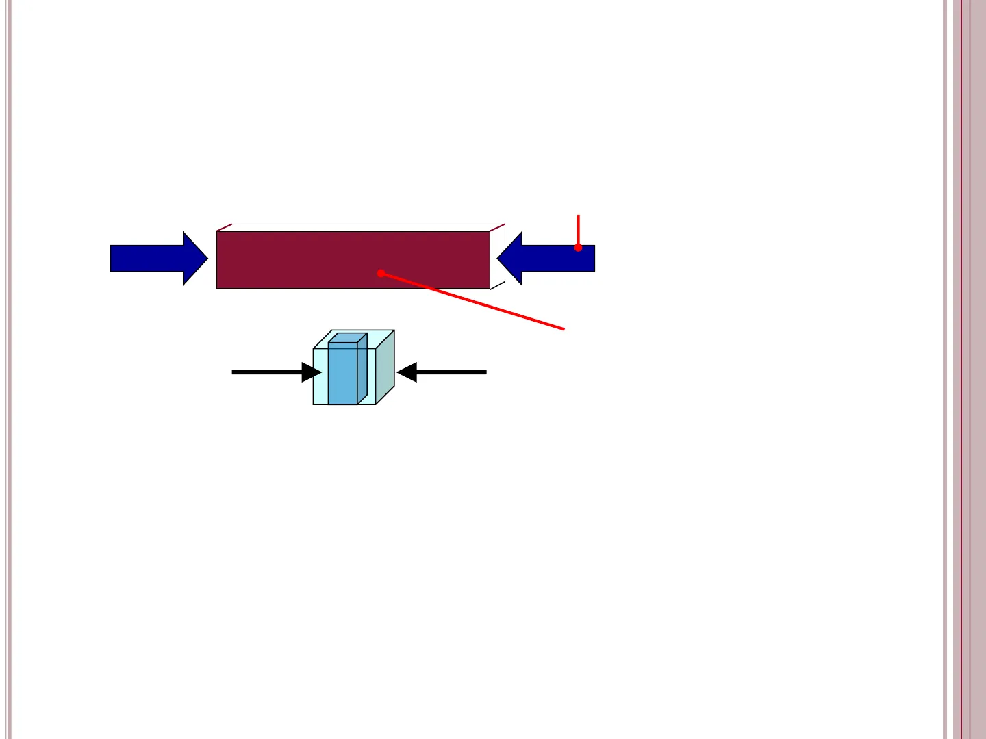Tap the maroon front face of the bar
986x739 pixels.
(x=308, y=260)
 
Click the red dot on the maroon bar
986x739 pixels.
(x=381, y=273)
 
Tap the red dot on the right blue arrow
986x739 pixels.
(x=579, y=247)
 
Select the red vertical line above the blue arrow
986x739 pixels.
(x=579, y=229)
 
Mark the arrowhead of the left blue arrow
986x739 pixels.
(x=195, y=259)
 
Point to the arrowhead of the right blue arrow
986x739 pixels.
(x=510, y=259)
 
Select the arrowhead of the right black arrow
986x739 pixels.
(x=407, y=372)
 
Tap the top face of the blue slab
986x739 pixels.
(x=347, y=337)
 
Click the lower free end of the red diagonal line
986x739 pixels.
(x=564, y=329)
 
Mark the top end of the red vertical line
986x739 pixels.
(x=579, y=216)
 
